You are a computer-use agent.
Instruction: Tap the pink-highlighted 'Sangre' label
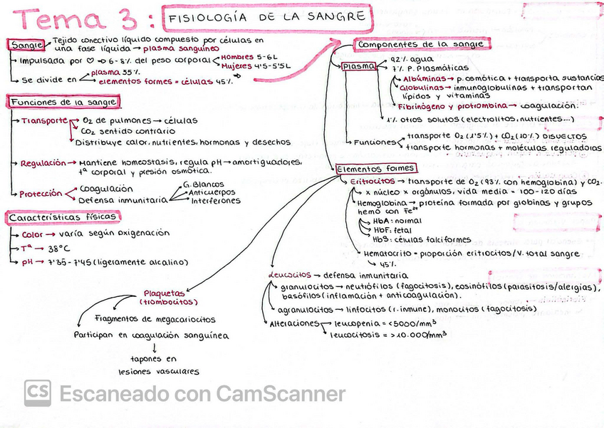27,46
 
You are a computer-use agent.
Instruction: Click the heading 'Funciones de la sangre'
63,102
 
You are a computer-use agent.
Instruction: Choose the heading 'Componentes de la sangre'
421,44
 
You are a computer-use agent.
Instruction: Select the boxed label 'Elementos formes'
375,169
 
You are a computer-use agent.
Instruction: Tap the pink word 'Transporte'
44,121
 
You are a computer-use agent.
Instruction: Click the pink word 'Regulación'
43,163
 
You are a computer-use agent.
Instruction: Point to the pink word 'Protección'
41,194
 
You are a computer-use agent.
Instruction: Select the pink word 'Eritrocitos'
372,182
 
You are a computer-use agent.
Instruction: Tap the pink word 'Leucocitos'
290,275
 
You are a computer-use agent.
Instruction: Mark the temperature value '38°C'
58,249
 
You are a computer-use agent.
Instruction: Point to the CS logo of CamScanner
37,393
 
